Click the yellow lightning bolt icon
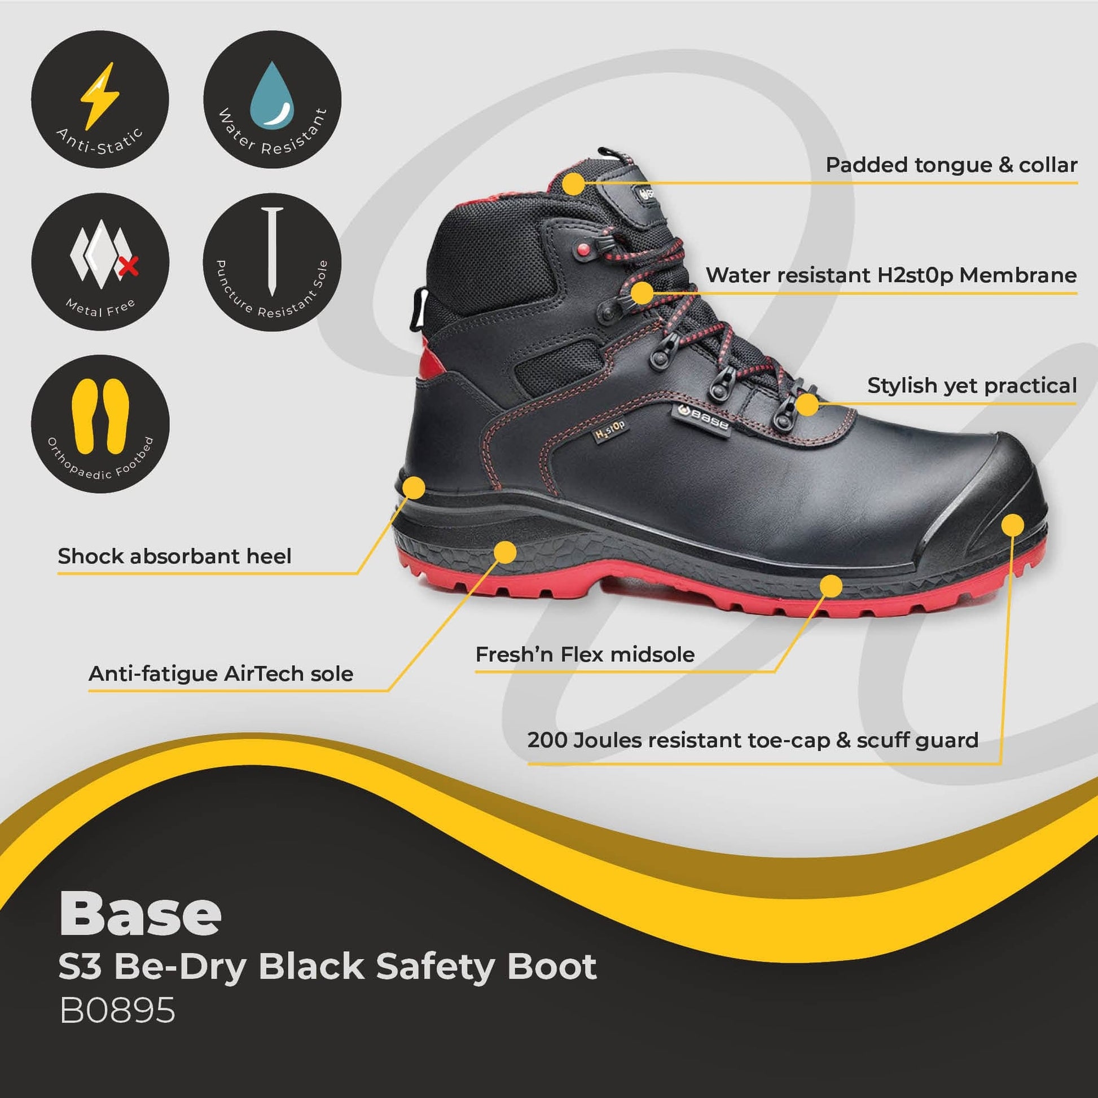tap(100, 95)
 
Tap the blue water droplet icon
tap(272, 95)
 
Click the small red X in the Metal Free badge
tap(130, 265)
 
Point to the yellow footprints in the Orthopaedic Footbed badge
tap(100, 416)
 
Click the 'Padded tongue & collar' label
tap(951, 165)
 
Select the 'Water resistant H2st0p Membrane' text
tap(891, 276)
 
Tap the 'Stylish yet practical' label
tap(972, 385)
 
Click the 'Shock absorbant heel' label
tap(174, 556)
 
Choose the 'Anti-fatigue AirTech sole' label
tap(221, 674)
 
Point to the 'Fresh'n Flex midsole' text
tap(585, 655)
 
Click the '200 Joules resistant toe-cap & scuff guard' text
tap(753, 740)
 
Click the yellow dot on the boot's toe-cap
tap(1012, 525)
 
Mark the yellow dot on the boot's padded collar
tap(574, 183)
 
